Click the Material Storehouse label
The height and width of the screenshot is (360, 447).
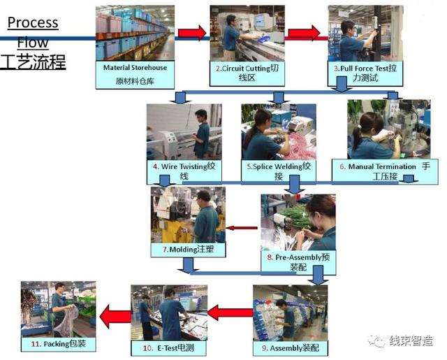tap(135, 73)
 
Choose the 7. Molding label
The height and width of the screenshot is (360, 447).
tap(186, 249)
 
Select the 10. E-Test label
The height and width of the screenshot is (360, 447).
tap(168, 347)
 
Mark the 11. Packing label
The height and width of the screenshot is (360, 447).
tap(59, 344)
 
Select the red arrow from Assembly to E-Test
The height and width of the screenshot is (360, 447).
tap(230, 313)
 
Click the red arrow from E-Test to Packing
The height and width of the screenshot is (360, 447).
tap(115, 317)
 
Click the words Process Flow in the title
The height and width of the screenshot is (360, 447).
tap(33, 32)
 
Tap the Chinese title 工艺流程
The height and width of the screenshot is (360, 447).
tap(33, 62)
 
